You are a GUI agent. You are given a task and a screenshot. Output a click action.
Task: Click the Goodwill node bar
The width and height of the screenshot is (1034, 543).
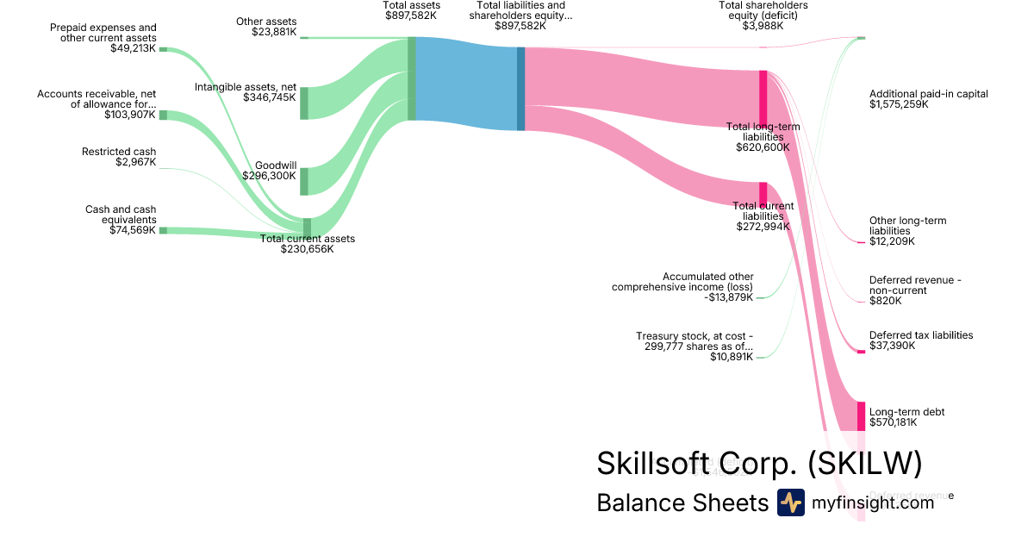click(x=303, y=182)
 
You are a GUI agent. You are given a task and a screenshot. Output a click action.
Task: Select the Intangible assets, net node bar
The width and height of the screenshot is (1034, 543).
click(x=303, y=103)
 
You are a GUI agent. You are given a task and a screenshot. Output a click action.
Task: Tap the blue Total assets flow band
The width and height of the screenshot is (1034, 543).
click(x=465, y=84)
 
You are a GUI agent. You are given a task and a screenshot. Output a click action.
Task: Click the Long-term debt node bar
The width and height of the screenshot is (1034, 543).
click(x=860, y=415)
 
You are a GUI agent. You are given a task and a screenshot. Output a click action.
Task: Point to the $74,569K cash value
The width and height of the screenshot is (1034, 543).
click(x=133, y=230)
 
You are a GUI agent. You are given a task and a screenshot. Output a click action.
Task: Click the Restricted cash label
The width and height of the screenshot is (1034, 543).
click(x=119, y=152)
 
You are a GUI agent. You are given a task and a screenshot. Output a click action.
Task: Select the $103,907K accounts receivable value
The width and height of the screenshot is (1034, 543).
click(x=130, y=114)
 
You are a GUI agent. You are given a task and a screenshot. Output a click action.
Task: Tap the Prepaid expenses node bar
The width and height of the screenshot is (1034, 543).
click(x=163, y=50)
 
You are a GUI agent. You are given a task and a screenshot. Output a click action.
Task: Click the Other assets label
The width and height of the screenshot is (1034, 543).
click(x=266, y=21)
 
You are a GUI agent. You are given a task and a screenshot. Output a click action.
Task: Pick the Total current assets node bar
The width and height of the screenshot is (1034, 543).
click(x=307, y=227)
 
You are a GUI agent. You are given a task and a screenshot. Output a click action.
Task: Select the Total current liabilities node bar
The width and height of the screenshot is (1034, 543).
click(x=763, y=192)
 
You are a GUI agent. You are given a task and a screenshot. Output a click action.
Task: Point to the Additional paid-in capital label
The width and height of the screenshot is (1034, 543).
click(x=929, y=94)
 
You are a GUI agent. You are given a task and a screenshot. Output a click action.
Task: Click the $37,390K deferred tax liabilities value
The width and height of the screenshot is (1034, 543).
click(x=893, y=346)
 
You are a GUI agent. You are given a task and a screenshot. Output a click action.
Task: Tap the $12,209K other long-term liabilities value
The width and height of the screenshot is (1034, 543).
click(x=893, y=241)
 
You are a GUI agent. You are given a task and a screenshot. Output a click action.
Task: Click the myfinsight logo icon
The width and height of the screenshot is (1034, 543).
click(x=790, y=502)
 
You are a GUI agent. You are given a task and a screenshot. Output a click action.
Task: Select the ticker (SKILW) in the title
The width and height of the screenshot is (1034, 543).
click(x=865, y=464)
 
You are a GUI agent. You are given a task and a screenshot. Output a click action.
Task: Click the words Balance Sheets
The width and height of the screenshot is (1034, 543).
click(x=682, y=502)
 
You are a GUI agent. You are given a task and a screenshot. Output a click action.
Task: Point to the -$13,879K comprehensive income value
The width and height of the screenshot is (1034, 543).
click(x=729, y=297)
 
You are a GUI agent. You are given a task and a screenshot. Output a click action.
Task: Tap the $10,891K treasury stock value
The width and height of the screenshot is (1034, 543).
click(x=732, y=357)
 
